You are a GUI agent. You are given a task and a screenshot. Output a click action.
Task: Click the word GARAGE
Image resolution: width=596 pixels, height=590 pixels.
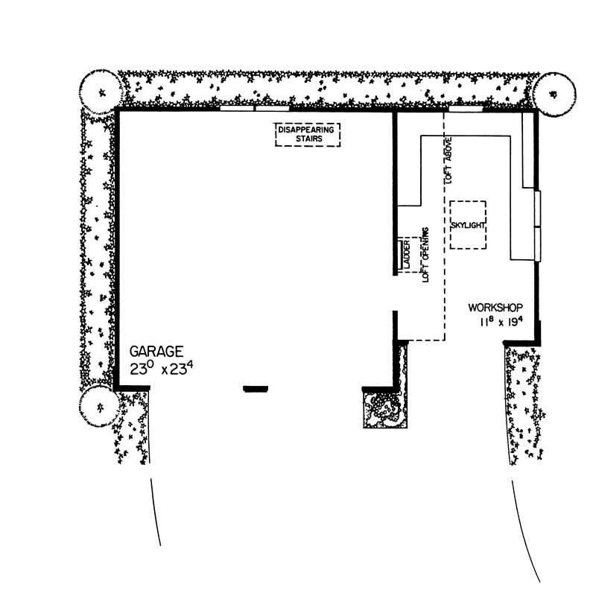(155, 350)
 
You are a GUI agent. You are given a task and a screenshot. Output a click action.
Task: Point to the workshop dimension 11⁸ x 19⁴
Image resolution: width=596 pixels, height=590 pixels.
(503, 321)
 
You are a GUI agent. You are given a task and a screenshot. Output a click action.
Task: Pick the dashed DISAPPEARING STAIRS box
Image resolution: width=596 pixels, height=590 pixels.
(307, 134)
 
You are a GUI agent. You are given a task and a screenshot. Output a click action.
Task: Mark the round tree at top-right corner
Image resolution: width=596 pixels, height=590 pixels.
(554, 93)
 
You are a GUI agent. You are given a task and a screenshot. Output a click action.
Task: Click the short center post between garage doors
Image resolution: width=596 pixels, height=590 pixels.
(256, 387)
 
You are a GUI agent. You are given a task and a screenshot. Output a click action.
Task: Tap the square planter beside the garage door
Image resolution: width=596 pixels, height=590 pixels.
(384, 409)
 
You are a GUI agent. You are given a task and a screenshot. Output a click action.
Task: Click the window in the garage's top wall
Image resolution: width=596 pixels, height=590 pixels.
(255, 109)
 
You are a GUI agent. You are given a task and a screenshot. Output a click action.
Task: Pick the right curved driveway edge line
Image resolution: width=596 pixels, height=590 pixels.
(521, 521)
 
